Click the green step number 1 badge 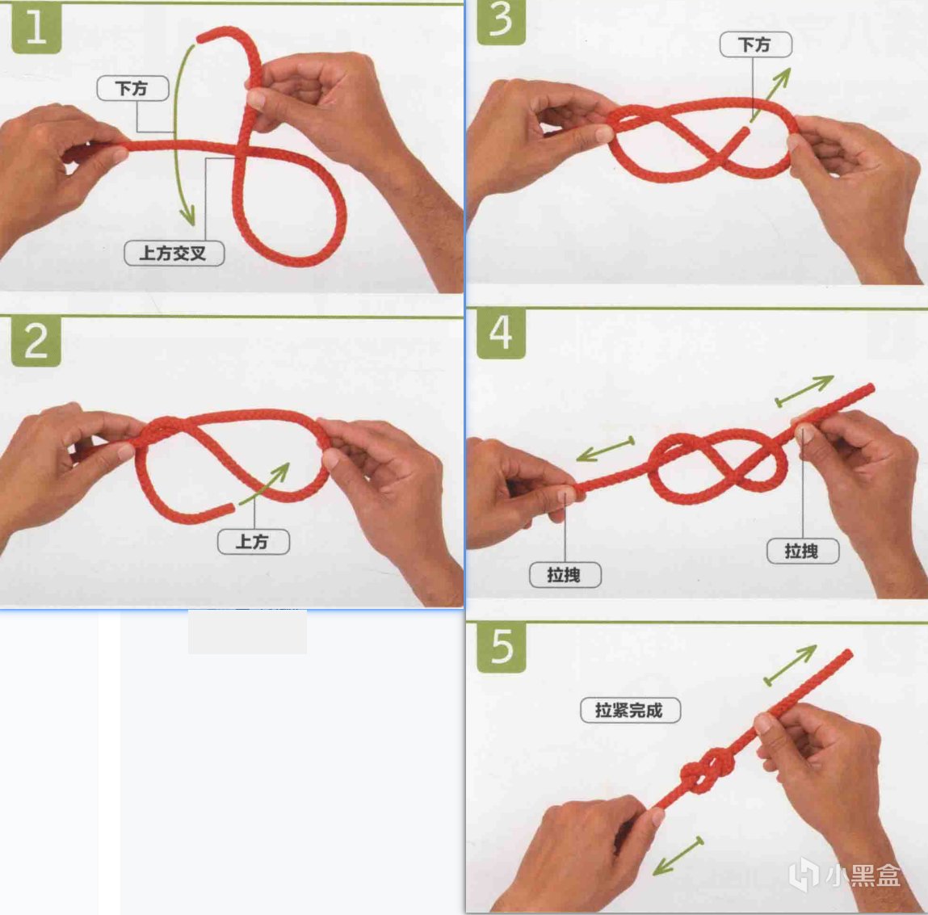(x=36, y=28)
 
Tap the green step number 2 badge (x=36, y=342)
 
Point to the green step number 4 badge (x=502, y=334)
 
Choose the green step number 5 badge (x=502, y=648)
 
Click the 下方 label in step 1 (x=132, y=88)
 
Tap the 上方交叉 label (x=174, y=254)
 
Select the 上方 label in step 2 (x=254, y=542)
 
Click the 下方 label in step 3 (x=756, y=44)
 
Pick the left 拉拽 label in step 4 (x=565, y=575)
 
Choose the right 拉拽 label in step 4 (x=803, y=551)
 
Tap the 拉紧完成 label (x=630, y=710)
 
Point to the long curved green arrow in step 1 (x=175, y=133)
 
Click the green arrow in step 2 (x=265, y=483)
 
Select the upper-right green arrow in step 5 (x=790, y=665)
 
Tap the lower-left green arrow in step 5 (x=678, y=856)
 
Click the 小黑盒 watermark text (x=863, y=875)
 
